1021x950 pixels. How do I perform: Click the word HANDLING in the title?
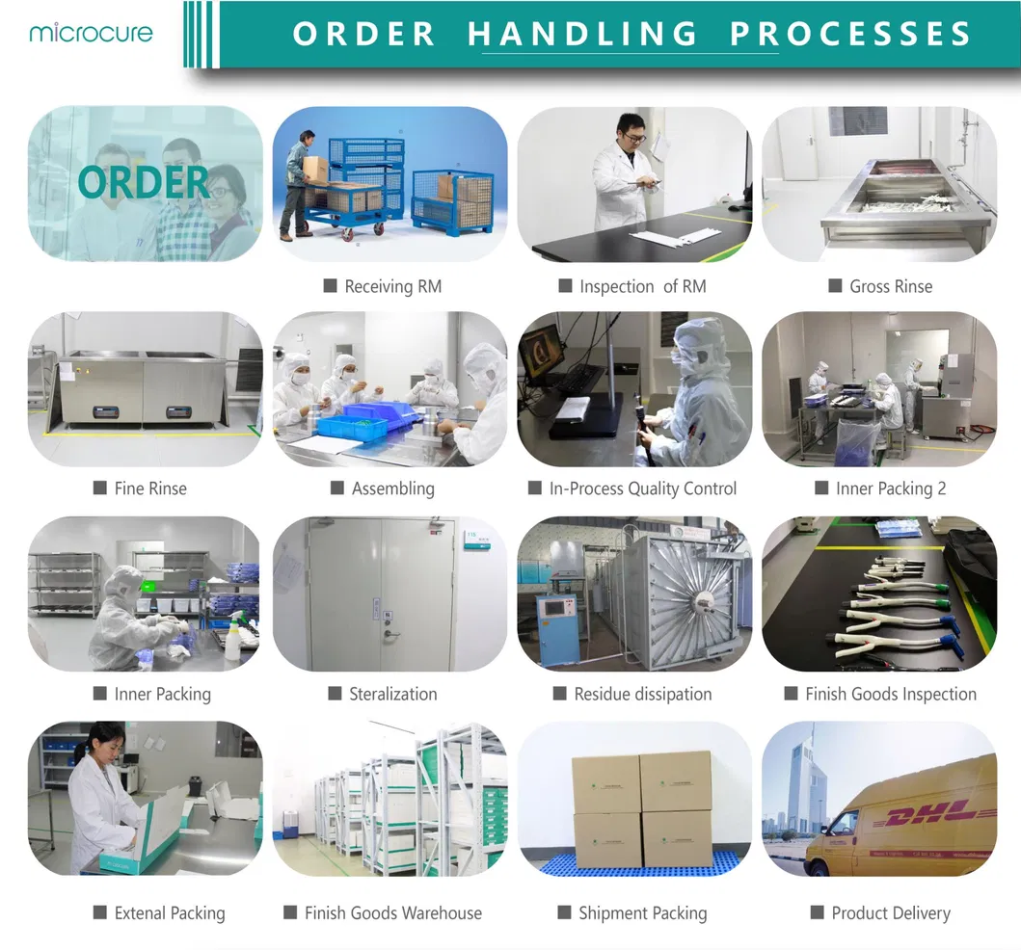(582, 34)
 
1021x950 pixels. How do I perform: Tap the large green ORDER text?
(144, 181)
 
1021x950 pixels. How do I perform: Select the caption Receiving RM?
(392, 286)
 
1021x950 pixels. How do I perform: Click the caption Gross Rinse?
(890, 286)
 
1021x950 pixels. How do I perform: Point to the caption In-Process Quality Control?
(642, 488)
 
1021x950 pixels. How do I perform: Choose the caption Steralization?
(392, 694)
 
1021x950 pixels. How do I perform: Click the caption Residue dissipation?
(642, 694)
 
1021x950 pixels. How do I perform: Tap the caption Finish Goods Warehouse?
(392, 912)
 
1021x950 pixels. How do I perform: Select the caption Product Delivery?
(890, 912)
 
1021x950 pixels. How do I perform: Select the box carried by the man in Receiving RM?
(315, 170)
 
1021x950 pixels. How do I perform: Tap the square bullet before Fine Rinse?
(99, 488)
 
